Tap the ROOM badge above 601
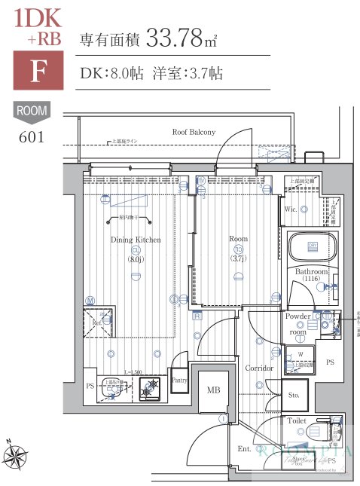(x=32, y=112)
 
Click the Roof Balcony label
(x=194, y=132)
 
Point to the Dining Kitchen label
(x=136, y=240)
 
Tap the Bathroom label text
(x=311, y=271)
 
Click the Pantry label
(x=179, y=381)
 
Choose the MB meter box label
(x=213, y=390)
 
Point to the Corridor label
(x=258, y=368)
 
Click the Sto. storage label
(x=293, y=394)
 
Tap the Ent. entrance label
(x=245, y=449)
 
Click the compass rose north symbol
(x=15, y=454)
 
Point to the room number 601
(x=32, y=136)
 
